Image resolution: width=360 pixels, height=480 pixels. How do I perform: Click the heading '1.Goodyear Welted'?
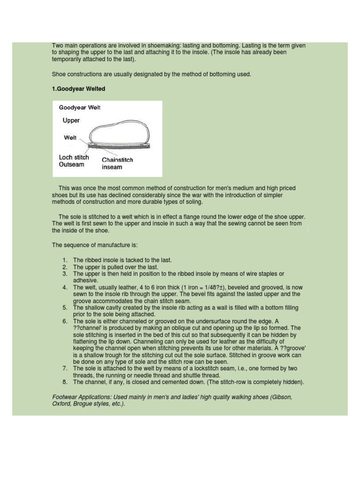coord(78,89)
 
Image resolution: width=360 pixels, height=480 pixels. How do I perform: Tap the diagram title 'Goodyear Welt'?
coord(80,107)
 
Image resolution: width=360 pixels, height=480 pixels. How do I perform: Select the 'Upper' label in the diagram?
coord(71,120)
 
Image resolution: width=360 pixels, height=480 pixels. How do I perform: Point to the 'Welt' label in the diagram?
coord(70,138)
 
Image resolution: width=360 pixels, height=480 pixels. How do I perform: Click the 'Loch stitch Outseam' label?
coord(74,161)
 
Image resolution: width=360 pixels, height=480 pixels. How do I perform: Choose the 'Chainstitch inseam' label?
coord(117,163)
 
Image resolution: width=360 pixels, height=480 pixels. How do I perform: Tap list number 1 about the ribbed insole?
coord(65,260)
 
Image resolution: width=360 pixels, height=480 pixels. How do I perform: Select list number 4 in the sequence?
coord(65,287)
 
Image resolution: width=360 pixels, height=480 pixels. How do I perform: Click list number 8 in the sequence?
coord(65,382)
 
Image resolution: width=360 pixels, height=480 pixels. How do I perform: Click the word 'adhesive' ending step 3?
coord(85,280)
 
